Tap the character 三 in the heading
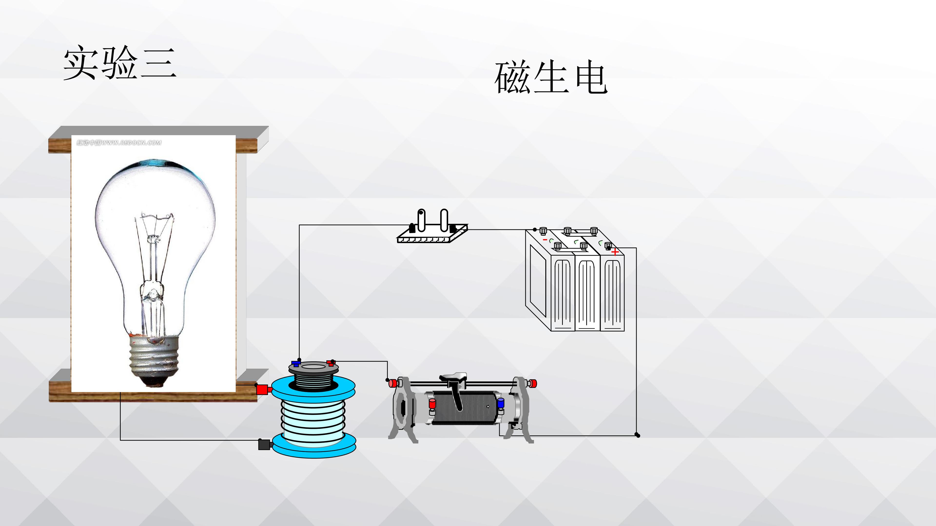(158, 64)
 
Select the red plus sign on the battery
(615, 252)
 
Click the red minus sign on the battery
(545, 240)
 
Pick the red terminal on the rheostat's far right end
(532, 383)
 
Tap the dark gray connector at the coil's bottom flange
(265, 444)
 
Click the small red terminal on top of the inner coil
(330, 362)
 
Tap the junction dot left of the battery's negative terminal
(535, 229)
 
